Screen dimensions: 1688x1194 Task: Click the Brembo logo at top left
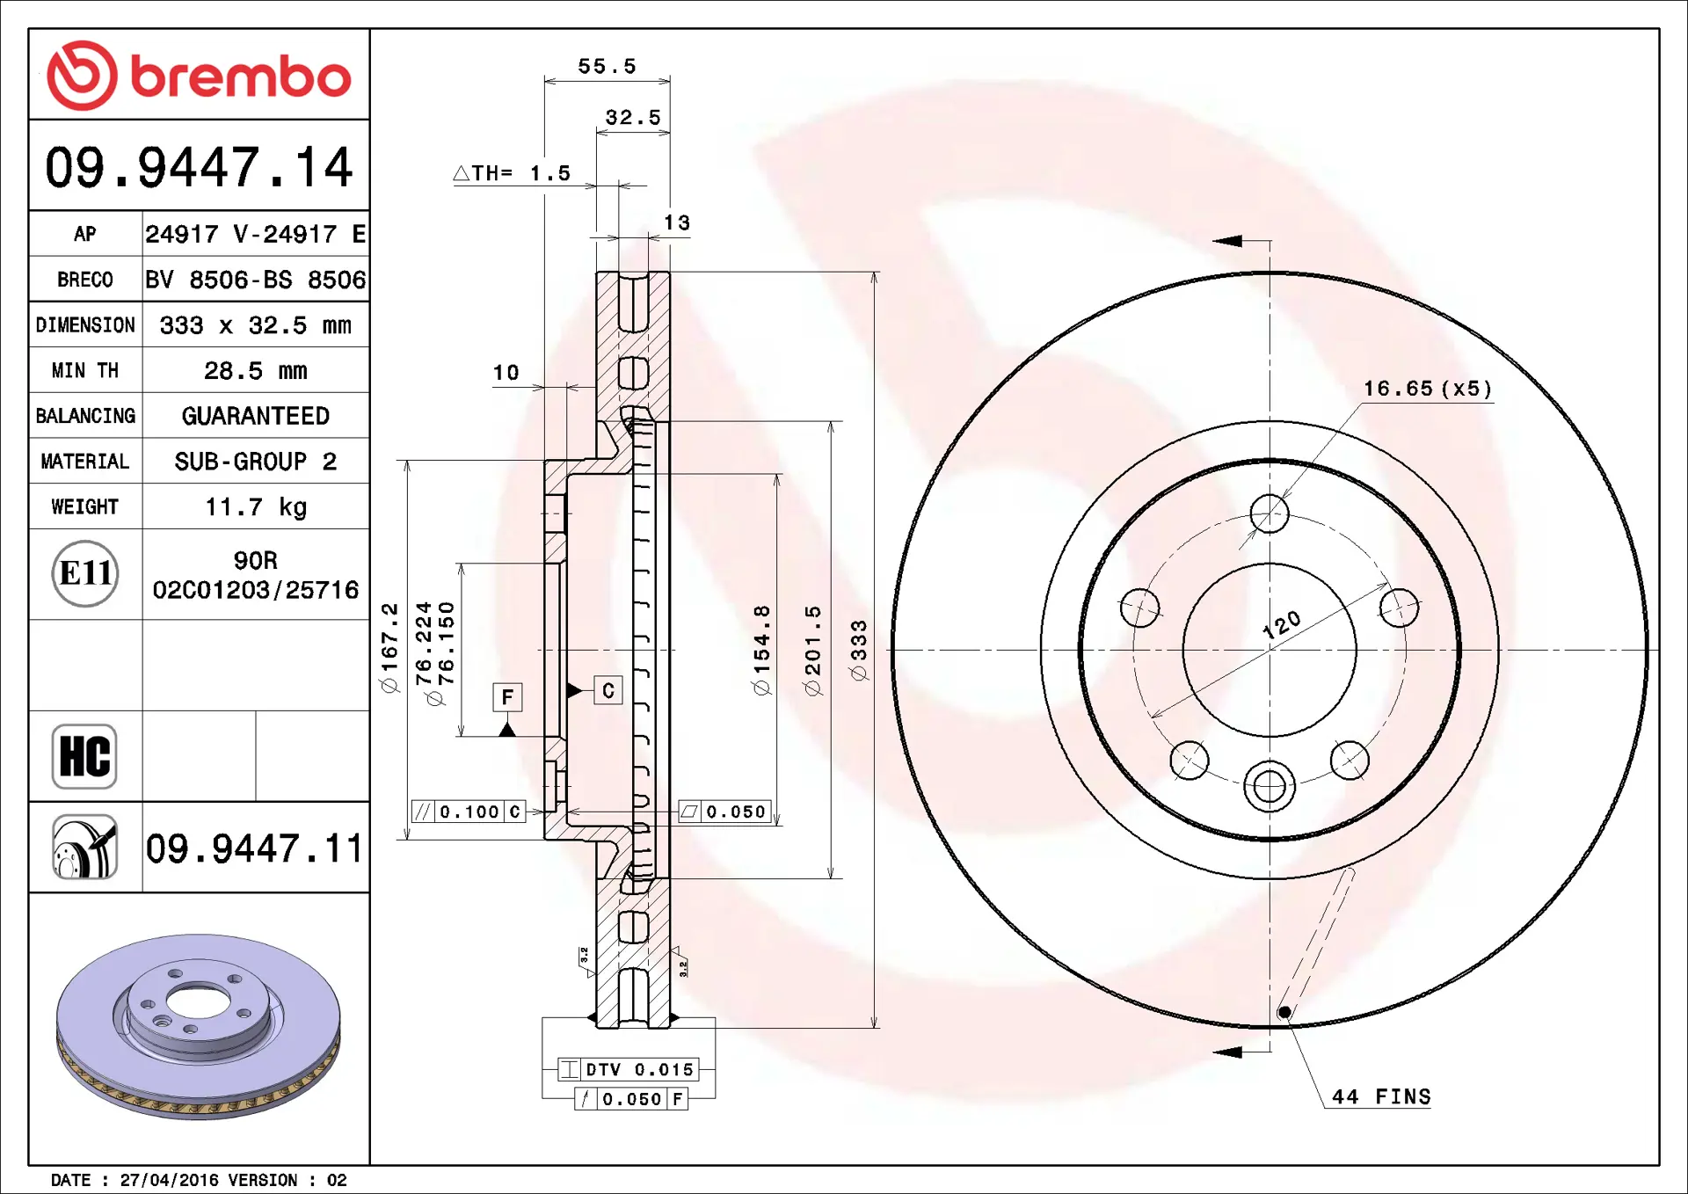tap(199, 76)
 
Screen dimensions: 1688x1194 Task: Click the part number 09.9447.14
tap(199, 167)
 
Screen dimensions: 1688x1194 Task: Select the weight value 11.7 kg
tap(256, 507)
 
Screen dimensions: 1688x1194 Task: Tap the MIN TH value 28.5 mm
tap(256, 371)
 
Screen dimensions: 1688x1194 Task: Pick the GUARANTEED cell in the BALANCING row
tap(256, 416)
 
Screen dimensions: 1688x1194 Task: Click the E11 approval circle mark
tap(85, 573)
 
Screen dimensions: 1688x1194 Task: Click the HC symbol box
tap(84, 756)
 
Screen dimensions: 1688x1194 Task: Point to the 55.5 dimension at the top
tap(607, 66)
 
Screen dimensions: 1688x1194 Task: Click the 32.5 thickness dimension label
tap(633, 117)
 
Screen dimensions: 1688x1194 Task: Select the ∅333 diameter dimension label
tap(859, 650)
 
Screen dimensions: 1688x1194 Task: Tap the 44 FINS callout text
tap(1381, 1096)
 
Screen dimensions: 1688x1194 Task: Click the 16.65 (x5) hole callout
tap(1428, 389)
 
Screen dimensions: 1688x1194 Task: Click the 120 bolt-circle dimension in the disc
tap(1282, 624)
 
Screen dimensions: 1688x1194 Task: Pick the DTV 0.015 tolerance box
tap(629, 1069)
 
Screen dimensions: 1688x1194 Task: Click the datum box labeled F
tap(507, 697)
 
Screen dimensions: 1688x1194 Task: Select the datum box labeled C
tap(608, 690)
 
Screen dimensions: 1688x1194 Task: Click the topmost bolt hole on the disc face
tap(1270, 513)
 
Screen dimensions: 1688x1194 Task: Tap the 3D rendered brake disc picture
tap(199, 1026)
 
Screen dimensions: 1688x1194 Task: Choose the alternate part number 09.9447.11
tap(254, 848)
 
